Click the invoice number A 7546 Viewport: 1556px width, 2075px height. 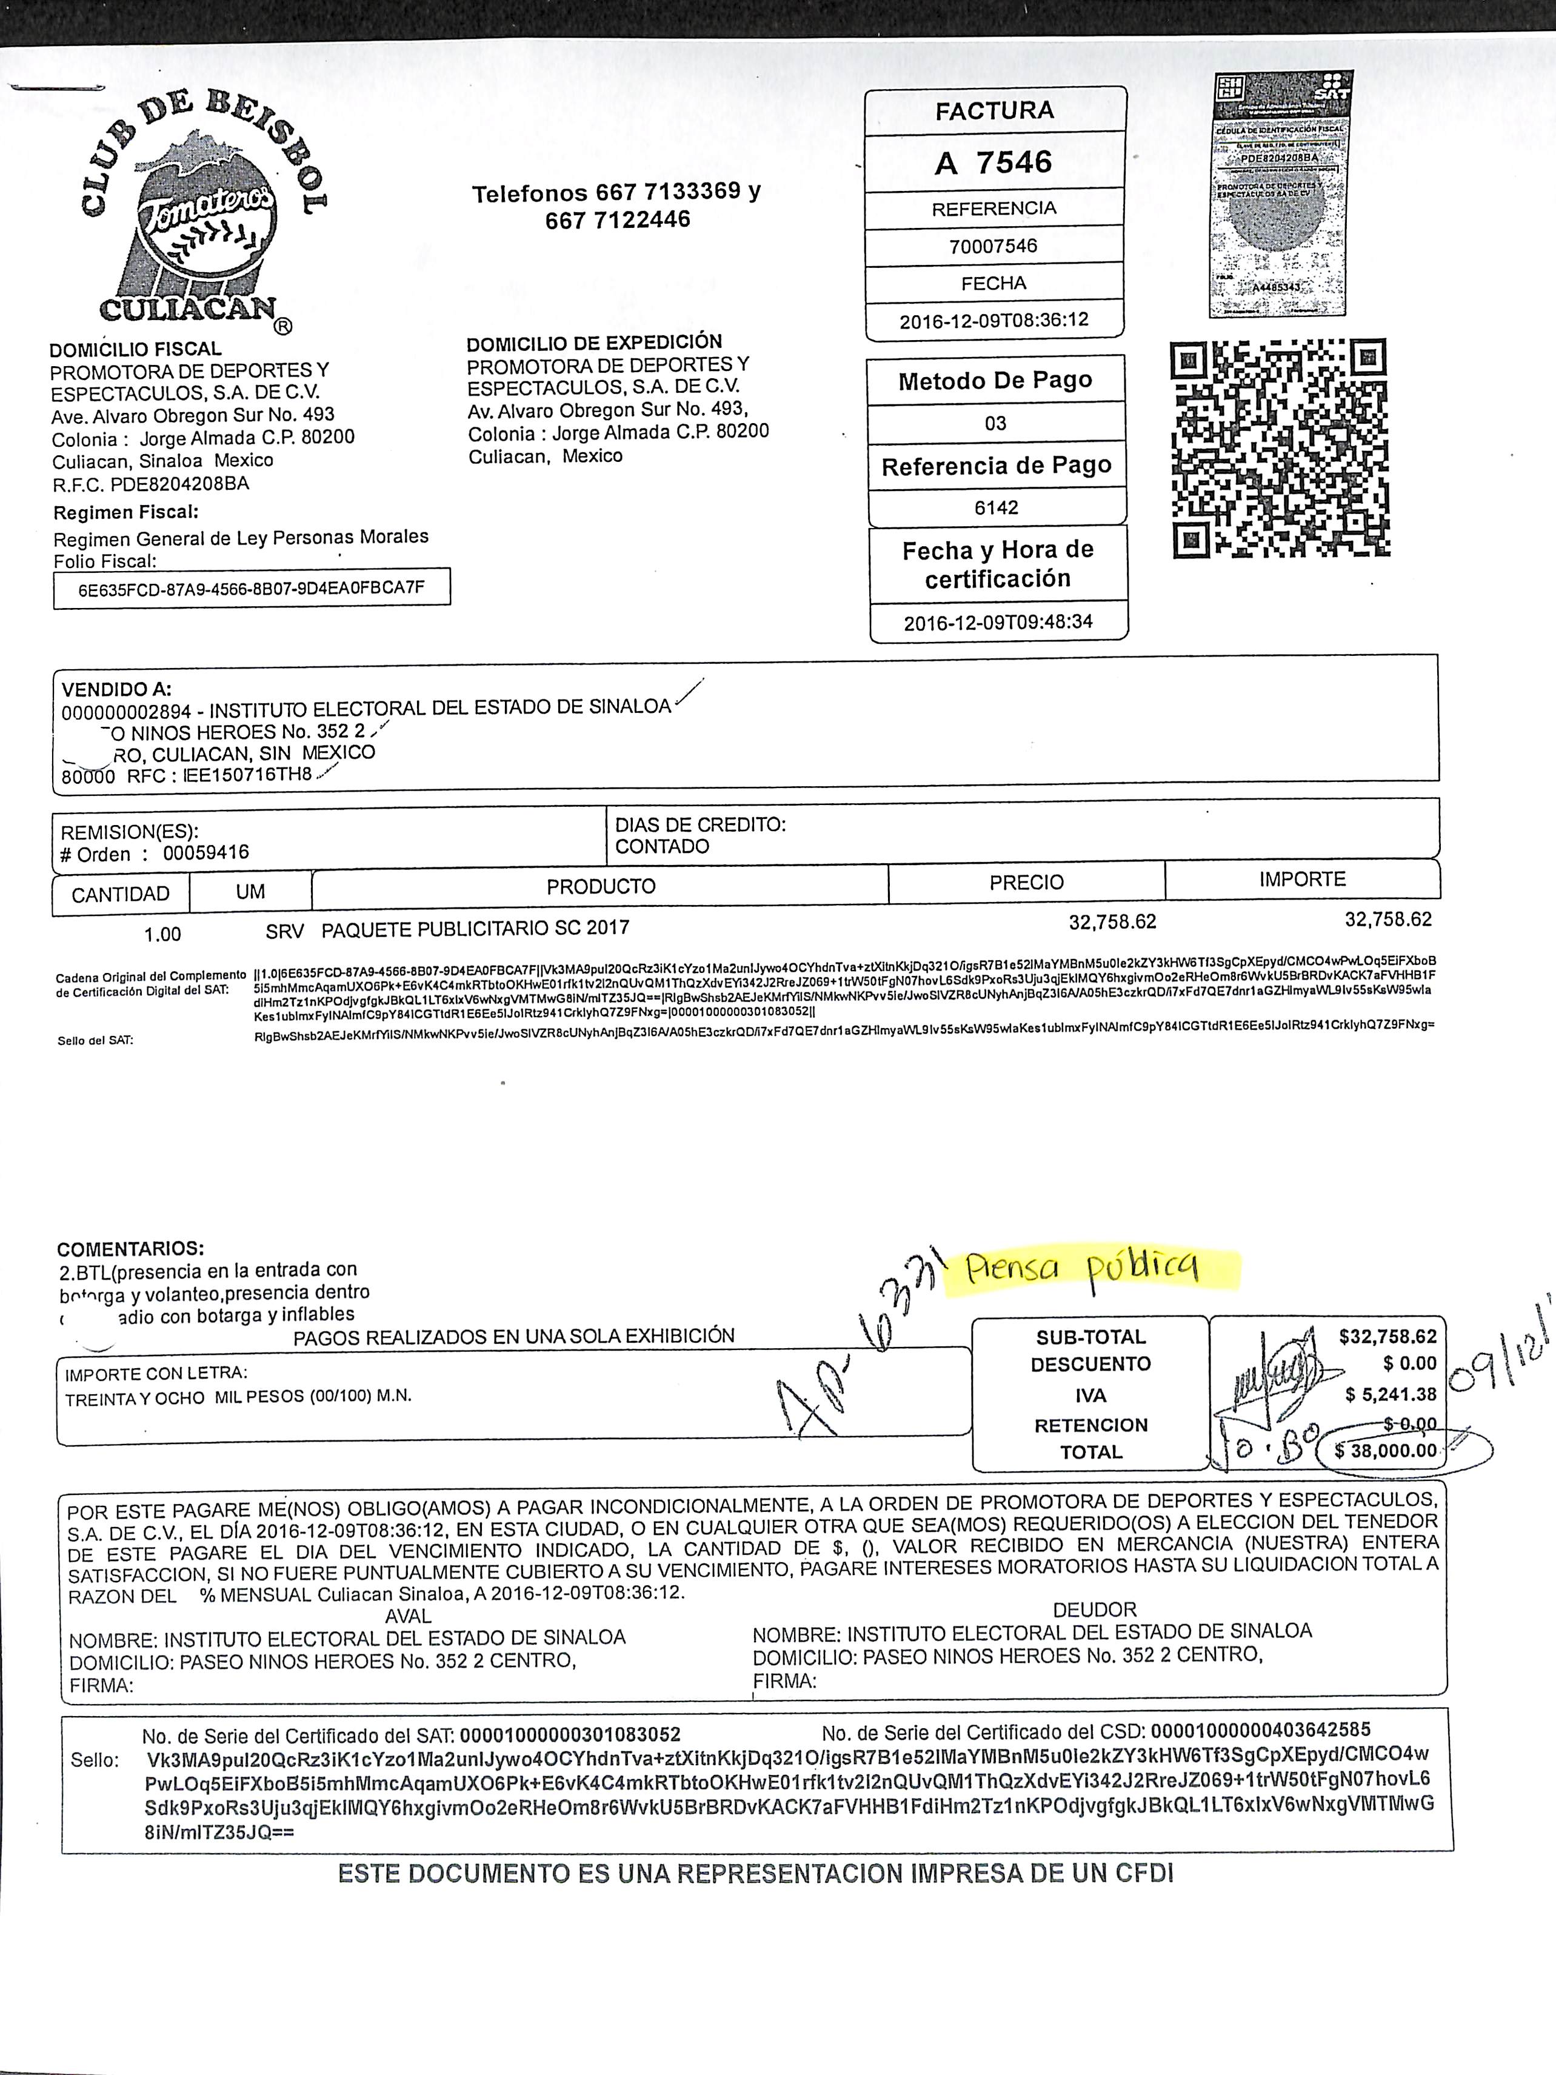pos(994,163)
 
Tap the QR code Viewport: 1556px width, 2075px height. pos(1280,449)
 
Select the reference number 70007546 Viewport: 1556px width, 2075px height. pos(994,246)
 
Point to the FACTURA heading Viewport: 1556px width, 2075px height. pos(994,111)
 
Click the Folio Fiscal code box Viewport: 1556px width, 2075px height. pos(252,588)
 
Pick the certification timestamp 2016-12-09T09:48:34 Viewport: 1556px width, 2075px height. pos(998,622)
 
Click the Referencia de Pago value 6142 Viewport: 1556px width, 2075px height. pos(996,507)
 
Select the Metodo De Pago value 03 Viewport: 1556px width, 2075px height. pos(995,423)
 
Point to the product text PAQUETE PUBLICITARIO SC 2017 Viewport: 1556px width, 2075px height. pos(475,929)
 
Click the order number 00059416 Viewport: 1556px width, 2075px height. pos(205,854)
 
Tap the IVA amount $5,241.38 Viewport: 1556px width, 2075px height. pos(1390,1395)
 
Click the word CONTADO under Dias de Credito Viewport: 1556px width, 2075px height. pos(662,846)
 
